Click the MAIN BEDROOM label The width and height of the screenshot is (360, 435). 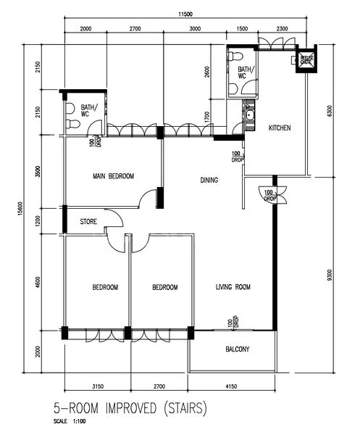[112, 176]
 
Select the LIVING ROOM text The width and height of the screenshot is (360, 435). [233, 288]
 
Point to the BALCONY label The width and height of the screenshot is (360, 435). [237, 349]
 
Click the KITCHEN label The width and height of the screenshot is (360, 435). [280, 128]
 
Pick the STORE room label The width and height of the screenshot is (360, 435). [89, 223]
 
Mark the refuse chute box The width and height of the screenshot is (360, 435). [298, 62]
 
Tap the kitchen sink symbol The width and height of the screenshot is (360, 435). [249, 115]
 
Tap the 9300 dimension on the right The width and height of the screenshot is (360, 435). [330, 275]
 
